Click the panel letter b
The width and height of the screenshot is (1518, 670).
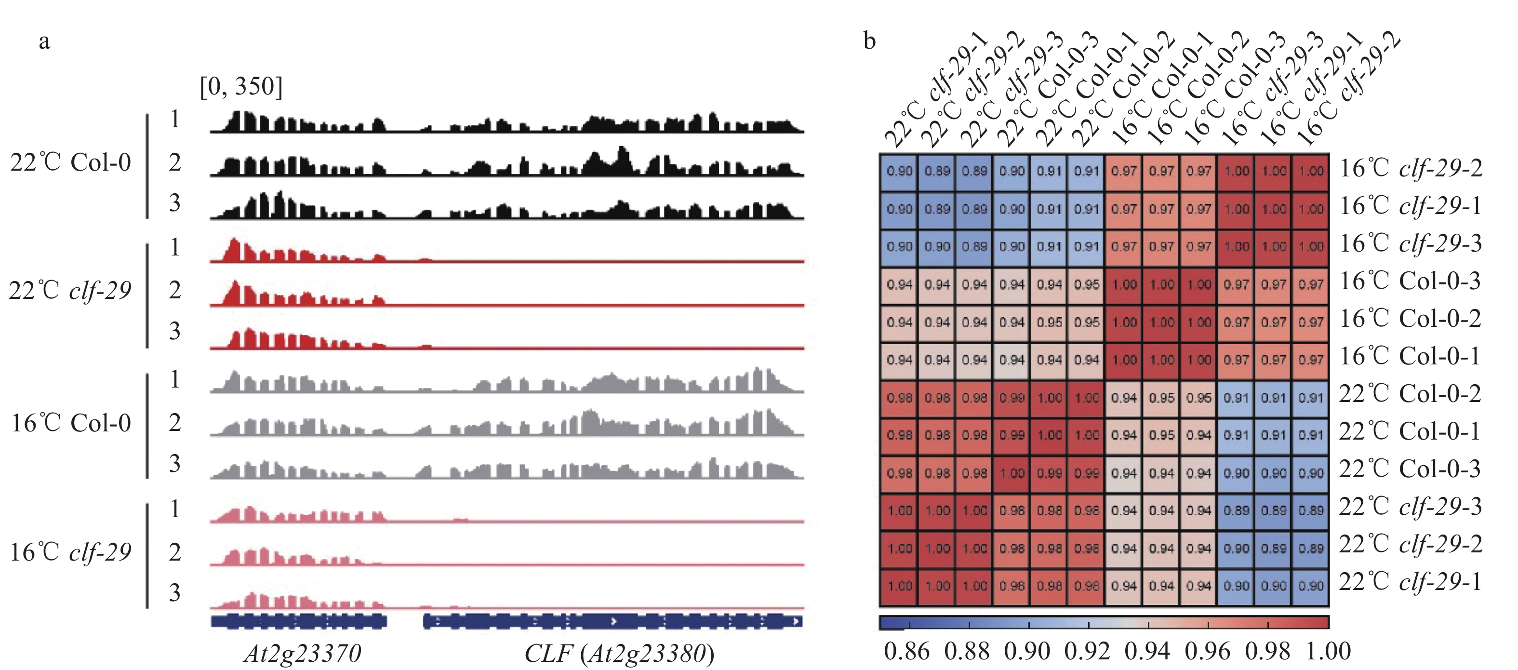869,41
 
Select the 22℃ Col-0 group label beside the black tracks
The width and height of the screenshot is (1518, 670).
71,162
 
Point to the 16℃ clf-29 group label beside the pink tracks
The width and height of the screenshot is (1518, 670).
71,552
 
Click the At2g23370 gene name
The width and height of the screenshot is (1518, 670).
302,653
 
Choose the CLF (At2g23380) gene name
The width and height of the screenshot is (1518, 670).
619,653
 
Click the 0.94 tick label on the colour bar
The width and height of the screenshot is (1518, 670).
1147,651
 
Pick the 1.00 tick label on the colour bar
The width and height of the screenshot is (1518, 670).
1328,651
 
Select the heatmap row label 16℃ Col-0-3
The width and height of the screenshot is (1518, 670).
1410,281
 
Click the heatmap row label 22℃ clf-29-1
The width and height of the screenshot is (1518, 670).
1410,582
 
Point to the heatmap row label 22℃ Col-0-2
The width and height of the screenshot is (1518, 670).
1410,394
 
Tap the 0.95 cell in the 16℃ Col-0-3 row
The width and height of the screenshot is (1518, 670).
1087,284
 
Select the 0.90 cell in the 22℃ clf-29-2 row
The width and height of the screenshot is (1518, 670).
1236,549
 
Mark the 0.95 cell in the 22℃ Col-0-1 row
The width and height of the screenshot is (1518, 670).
1161,435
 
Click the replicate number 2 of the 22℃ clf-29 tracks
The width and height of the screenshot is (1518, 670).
175,290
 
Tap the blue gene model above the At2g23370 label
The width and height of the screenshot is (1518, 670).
299,621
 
